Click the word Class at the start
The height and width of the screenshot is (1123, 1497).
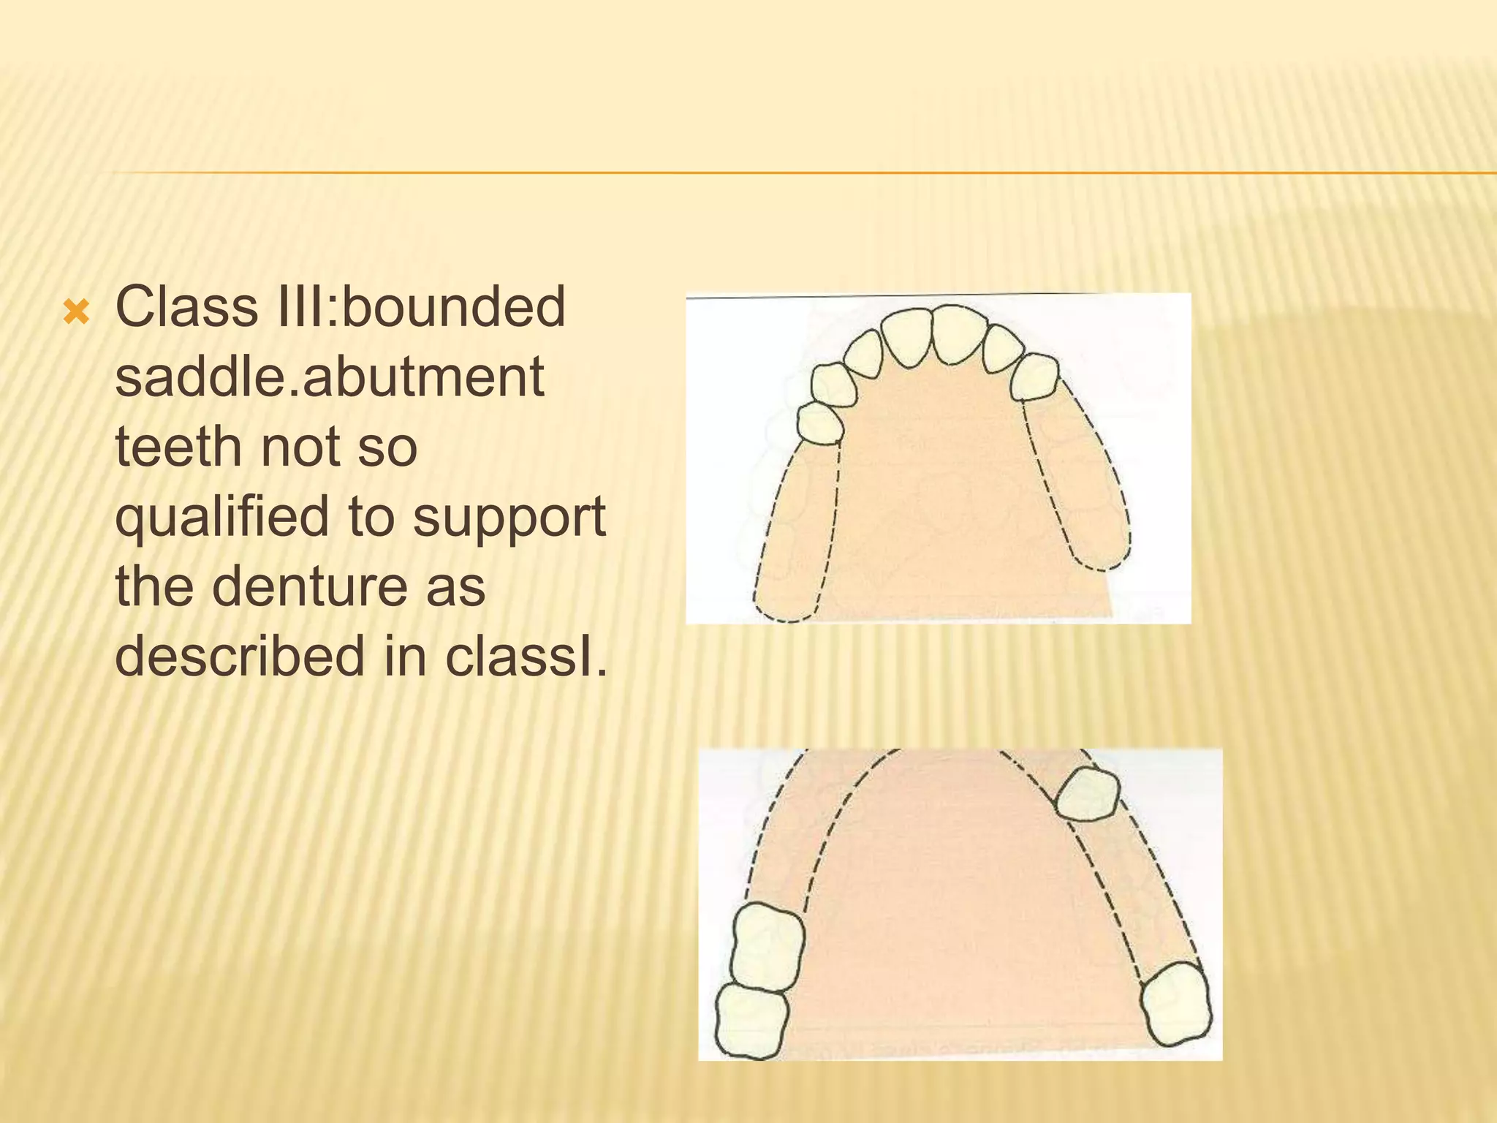pos(186,307)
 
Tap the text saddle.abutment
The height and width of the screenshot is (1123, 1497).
pos(330,377)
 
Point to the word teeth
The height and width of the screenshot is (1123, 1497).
pos(176,447)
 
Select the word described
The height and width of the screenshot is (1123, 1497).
pos(240,656)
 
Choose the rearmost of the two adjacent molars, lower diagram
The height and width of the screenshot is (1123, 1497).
pos(751,1021)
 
